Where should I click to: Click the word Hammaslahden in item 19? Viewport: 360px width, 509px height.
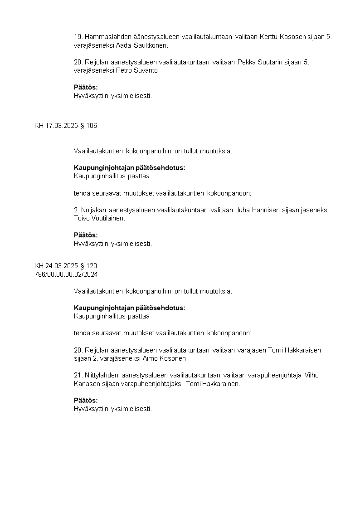point(104,37)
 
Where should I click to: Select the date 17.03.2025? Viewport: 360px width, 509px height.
point(62,126)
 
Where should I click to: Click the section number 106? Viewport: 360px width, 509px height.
point(92,126)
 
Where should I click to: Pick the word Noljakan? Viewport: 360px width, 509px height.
point(94,210)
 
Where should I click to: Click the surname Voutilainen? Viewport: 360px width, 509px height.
point(108,218)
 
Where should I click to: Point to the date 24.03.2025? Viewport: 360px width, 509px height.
point(62,266)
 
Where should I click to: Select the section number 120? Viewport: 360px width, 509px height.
point(92,266)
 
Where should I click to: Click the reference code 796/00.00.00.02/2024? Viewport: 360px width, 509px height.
point(66,274)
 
